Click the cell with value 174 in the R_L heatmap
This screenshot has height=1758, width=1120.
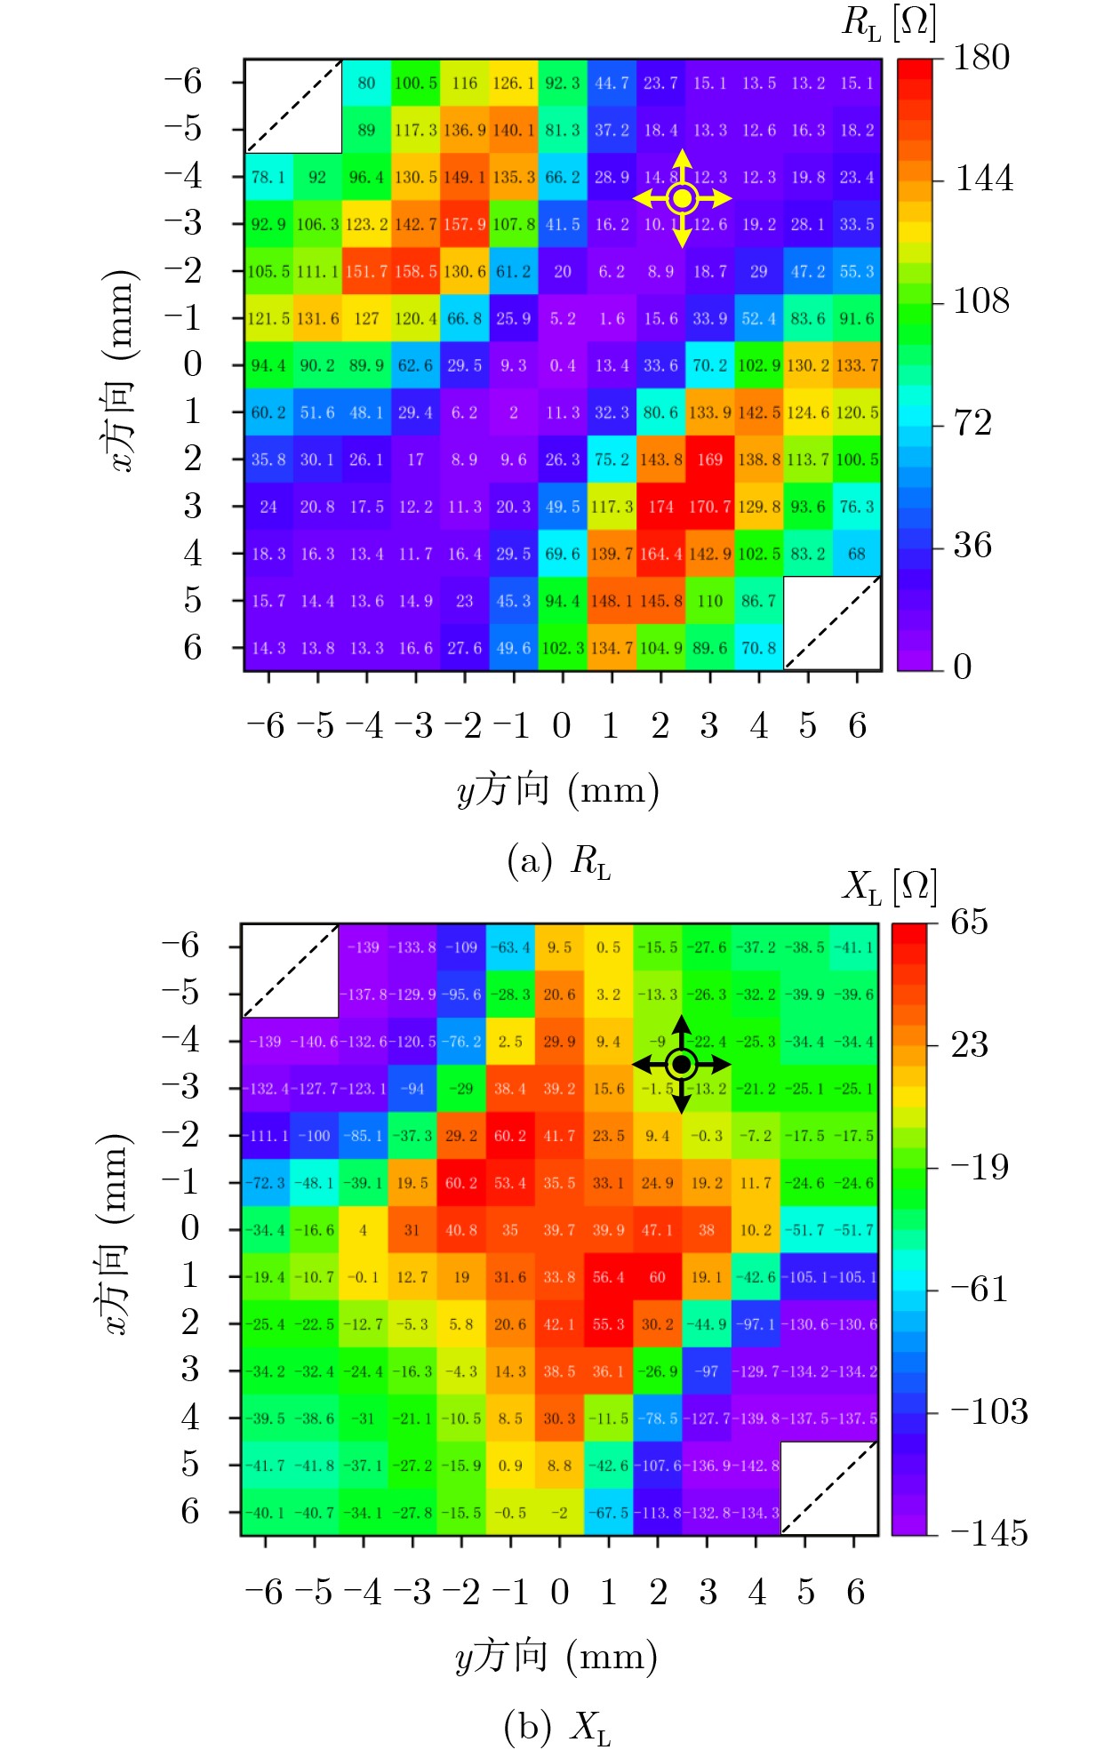click(x=660, y=507)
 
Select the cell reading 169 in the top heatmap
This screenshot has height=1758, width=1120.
click(x=709, y=459)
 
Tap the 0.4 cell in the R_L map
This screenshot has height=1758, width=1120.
click(x=563, y=365)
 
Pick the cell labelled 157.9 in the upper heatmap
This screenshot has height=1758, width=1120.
click(x=465, y=224)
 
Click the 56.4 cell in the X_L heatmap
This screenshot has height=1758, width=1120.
click(x=609, y=1277)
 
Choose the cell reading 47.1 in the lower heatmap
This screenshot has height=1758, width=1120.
click(x=658, y=1230)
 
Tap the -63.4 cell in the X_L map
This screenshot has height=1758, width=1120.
click(x=510, y=947)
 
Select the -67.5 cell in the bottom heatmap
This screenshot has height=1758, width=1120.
click(x=609, y=1513)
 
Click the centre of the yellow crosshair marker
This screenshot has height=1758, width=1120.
click(x=682, y=198)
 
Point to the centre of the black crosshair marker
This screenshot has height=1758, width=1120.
click(x=681, y=1064)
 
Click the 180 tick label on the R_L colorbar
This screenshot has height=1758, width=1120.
click(x=981, y=58)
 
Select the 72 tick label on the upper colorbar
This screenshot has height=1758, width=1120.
click(x=972, y=423)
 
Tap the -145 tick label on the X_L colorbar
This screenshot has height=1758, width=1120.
click(x=989, y=1533)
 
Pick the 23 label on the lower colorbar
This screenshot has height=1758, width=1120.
click(x=970, y=1044)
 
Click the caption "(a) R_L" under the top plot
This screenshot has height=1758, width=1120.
click(x=559, y=861)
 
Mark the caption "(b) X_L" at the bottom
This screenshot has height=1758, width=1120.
click(x=557, y=1727)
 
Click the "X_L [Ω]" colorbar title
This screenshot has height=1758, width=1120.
click(x=889, y=886)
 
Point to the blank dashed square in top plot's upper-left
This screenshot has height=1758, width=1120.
click(x=293, y=107)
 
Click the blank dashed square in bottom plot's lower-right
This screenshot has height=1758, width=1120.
click(x=829, y=1489)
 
